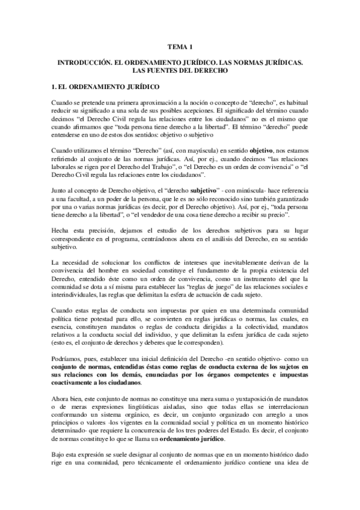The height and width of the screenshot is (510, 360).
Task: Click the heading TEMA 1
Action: coord(180,46)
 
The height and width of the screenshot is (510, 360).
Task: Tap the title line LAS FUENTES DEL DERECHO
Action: coord(180,70)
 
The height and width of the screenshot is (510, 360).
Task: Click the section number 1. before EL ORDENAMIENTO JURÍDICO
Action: coord(55,87)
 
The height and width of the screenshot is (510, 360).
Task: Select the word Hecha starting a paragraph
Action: coord(61,230)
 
